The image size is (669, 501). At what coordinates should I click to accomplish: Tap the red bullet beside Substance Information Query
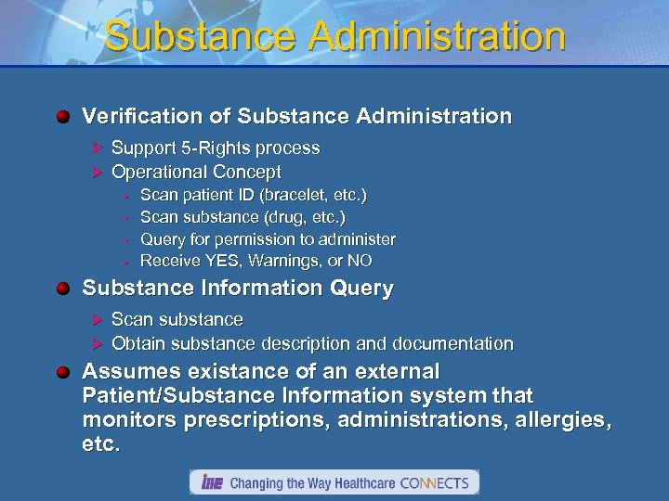click(x=62, y=289)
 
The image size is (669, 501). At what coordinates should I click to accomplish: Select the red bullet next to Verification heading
click(x=62, y=117)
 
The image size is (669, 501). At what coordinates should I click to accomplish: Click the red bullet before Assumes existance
click(x=62, y=372)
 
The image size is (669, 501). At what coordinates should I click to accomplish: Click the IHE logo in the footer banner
click(x=209, y=482)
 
